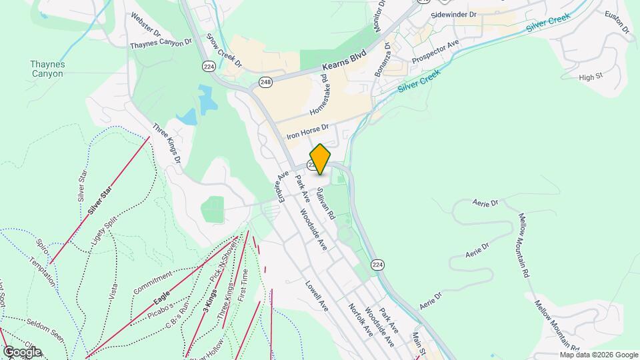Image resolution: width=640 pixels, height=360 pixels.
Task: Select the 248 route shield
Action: click(x=266, y=82)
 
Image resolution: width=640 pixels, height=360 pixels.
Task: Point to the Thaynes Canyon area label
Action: click(x=47, y=69)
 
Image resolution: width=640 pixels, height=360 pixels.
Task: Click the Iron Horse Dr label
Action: click(x=308, y=131)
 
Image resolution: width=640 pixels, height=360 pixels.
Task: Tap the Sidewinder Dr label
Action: click(x=454, y=14)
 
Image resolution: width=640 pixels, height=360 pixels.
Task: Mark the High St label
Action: click(x=591, y=77)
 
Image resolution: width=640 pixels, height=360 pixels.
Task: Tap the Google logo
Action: click(x=22, y=351)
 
